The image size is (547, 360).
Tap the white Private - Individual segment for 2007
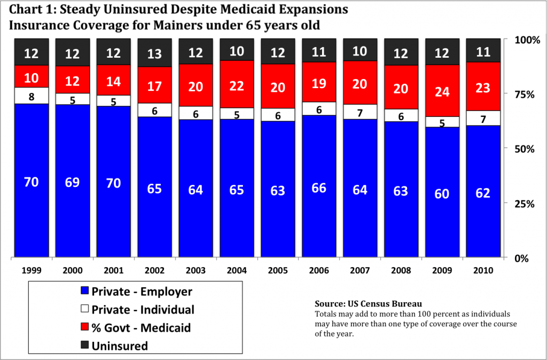click(x=360, y=112)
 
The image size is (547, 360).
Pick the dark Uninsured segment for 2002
click(x=154, y=53)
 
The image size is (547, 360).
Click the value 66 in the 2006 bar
click(x=319, y=189)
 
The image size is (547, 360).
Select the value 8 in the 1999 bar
click(x=31, y=97)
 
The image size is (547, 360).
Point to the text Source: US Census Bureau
click(x=364, y=303)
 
